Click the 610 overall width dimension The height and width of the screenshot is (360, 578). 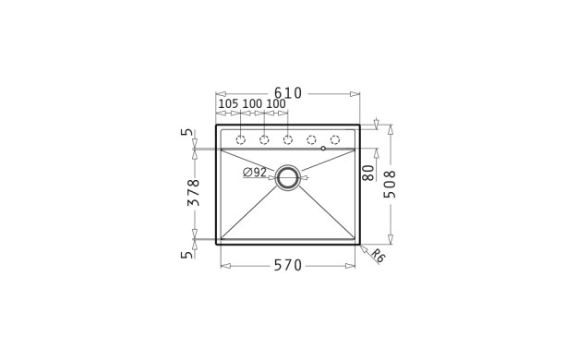coord(288,93)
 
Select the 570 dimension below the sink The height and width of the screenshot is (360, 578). coord(288,265)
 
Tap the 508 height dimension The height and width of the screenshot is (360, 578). coord(390,185)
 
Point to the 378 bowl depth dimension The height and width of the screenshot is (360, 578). coord(194,193)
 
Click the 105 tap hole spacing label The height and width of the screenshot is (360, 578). coord(229,104)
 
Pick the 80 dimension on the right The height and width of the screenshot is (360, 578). coord(368,173)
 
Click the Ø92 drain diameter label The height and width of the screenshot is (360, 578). coord(255,172)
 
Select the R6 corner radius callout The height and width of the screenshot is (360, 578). coord(378,256)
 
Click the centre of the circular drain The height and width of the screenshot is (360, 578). coord(288,177)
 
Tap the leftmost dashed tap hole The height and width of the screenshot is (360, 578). coord(240,140)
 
